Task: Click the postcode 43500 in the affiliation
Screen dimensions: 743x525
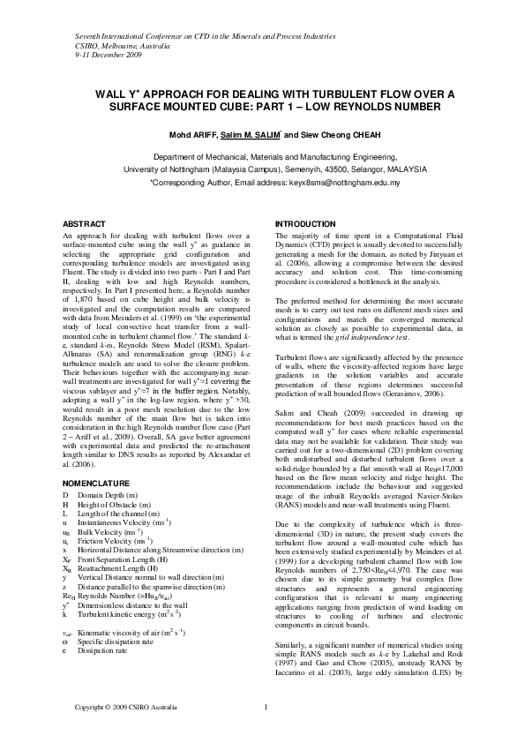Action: [353, 170]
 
